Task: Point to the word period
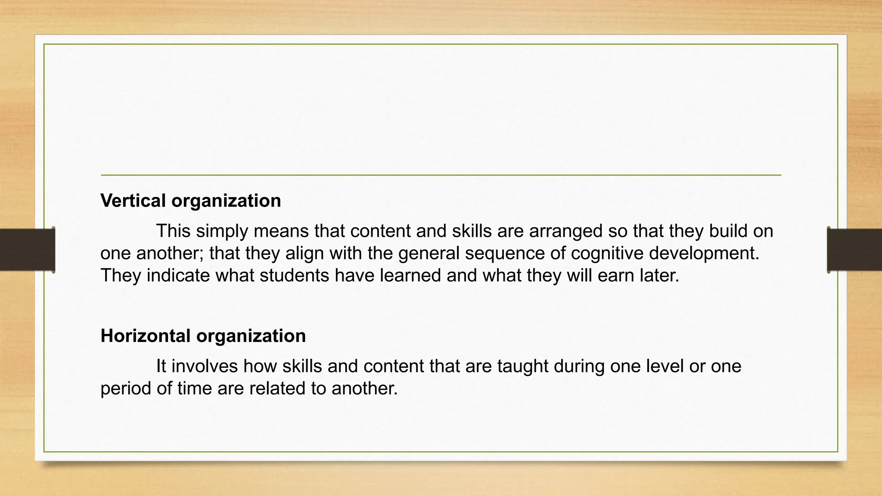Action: point(125,389)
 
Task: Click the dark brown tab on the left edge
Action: point(27,250)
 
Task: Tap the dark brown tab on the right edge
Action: point(854,250)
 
